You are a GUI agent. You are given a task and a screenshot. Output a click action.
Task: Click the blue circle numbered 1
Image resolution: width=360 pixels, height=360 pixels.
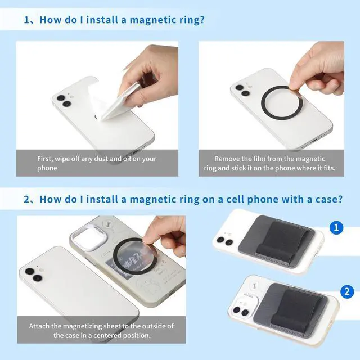pos(336,227)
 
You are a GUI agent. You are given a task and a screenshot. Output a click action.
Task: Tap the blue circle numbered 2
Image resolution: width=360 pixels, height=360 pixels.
pos(347,291)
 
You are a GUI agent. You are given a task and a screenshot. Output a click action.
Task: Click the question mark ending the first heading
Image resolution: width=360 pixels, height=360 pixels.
pos(202,20)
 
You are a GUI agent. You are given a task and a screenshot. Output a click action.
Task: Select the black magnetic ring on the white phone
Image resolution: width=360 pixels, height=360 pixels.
pos(262,102)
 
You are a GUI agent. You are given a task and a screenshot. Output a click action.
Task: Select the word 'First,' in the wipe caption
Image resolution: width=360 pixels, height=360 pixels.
pos(45,159)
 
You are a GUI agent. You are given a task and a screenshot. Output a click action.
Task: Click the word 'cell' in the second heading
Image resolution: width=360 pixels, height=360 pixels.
pos(235,199)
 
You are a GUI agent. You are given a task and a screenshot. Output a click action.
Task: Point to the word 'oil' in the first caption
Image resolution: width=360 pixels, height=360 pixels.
pos(127,159)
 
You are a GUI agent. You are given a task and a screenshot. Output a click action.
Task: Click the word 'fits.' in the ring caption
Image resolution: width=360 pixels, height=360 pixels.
pos(330,168)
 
